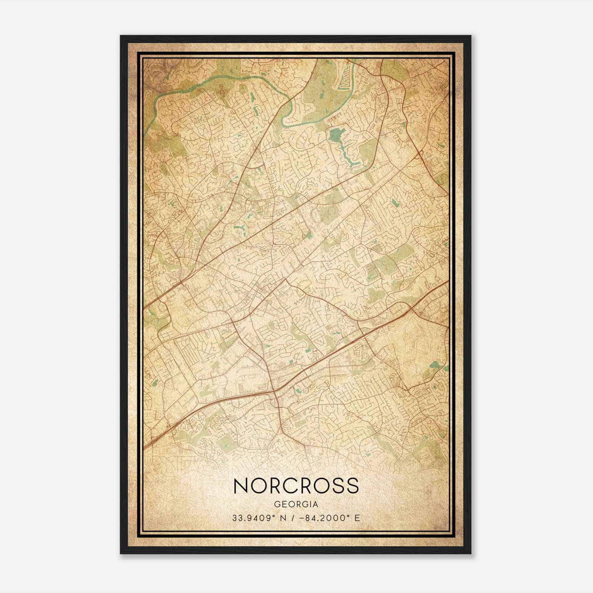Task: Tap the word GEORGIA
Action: click(296, 504)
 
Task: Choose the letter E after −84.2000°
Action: click(357, 518)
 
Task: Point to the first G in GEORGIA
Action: click(277, 504)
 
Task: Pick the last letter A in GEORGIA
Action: click(315, 504)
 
